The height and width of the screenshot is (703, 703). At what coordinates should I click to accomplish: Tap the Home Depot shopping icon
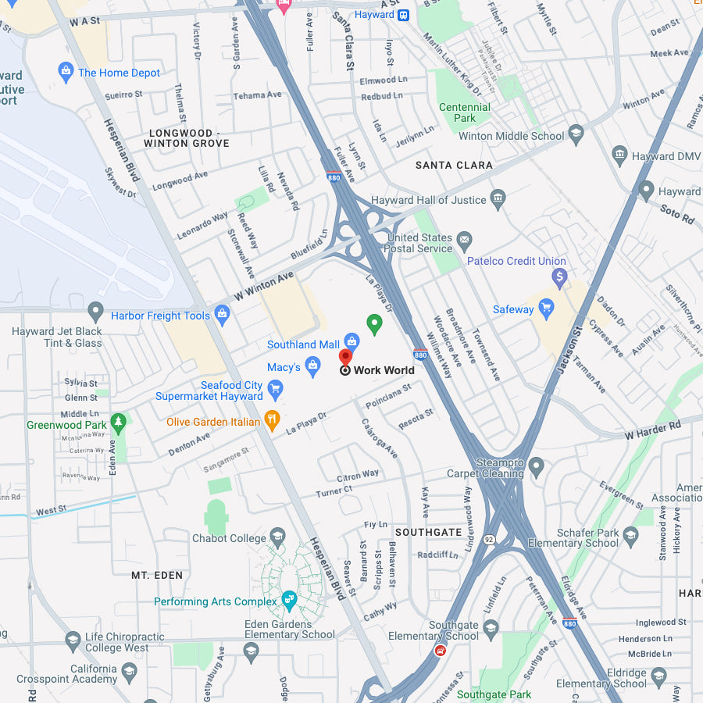pyautogui.click(x=66, y=73)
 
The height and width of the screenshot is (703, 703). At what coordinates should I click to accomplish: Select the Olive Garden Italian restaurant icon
pyautogui.click(x=272, y=422)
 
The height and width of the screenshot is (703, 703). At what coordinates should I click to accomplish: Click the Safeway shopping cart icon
pyautogui.click(x=546, y=309)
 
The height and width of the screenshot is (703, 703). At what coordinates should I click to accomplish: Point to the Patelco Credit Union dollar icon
pyautogui.click(x=559, y=277)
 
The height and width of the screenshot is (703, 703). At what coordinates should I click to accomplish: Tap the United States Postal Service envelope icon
pyautogui.click(x=465, y=238)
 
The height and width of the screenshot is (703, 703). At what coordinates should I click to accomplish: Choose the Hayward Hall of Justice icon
pyautogui.click(x=498, y=200)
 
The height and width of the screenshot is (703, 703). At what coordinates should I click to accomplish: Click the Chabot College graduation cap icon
pyautogui.click(x=277, y=537)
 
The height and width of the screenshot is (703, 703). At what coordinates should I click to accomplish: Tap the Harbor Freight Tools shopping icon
pyautogui.click(x=222, y=316)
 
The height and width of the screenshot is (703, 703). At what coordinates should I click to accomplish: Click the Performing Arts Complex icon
pyautogui.click(x=289, y=601)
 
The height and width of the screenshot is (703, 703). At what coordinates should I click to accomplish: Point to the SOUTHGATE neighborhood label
pyautogui.click(x=428, y=532)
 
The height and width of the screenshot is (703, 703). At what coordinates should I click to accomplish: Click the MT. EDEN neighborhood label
pyautogui.click(x=157, y=575)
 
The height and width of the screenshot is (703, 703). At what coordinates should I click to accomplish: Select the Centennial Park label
pyautogui.click(x=465, y=112)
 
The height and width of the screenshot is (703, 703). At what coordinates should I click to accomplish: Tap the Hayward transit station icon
pyautogui.click(x=403, y=14)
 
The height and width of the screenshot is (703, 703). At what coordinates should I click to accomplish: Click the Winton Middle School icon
pyautogui.click(x=576, y=135)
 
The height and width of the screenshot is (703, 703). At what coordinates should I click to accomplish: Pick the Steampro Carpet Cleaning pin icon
pyautogui.click(x=536, y=467)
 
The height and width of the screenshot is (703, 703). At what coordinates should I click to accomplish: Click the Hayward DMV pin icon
pyautogui.click(x=619, y=156)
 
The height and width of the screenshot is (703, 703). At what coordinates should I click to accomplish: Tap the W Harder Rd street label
pyautogui.click(x=652, y=428)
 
